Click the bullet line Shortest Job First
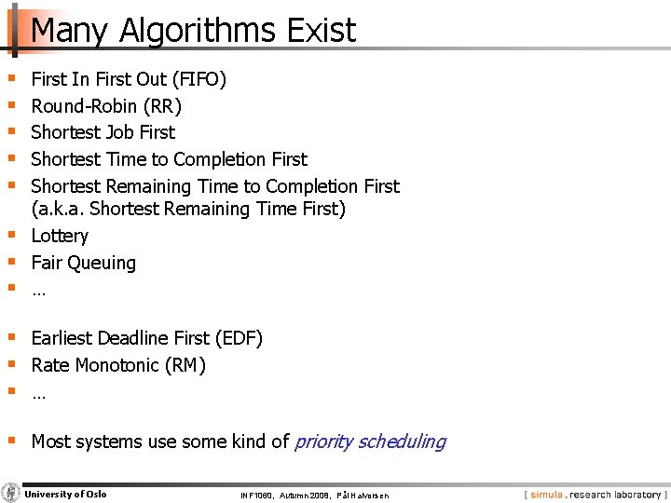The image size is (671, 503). pyautogui.click(x=103, y=132)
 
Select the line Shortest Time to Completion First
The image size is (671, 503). pyautogui.click(x=169, y=159)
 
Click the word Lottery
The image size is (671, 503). pyautogui.click(x=60, y=237)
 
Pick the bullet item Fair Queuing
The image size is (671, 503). pyautogui.click(x=84, y=264)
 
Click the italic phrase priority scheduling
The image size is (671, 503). pyautogui.click(x=370, y=442)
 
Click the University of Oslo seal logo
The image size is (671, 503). pyautogui.click(x=11, y=493)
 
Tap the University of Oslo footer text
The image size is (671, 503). pyautogui.click(x=65, y=494)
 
